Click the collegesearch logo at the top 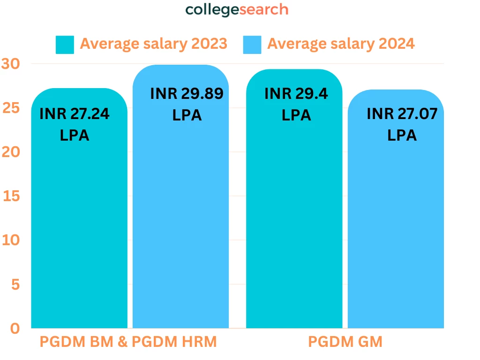pyautogui.click(x=237, y=10)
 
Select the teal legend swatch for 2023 pyautogui.click(x=65, y=44)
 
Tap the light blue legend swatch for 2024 pyautogui.click(x=252, y=44)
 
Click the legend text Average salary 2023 pyautogui.click(x=153, y=44)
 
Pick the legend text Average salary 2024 pyautogui.click(x=341, y=44)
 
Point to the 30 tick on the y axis pyautogui.click(x=10, y=63)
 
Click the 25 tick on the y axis pyautogui.click(x=10, y=108)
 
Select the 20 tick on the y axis pyautogui.click(x=10, y=152)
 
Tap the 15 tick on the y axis pyautogui.click(x=10, y=196)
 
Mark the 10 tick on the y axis pyautogui.click(x=10, y=240)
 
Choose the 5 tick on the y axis pyautogui.click(x=15, y=284)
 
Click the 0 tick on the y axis pyautogui.click(x=15, y=328)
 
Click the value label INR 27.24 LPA pyautogui.click(x=75, y=125)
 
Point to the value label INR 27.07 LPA pyautogui.click(x=402, y=124)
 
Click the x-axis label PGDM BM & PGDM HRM pyautogui.click(x=128, y=342)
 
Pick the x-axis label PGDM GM pyautogui.click(x=345, y=342)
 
